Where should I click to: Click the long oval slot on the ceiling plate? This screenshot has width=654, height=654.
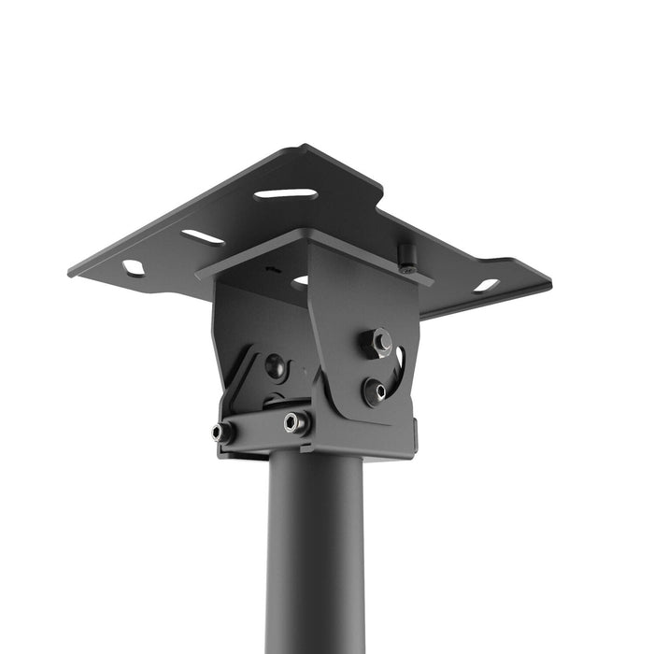pyautogui.click(x=285, y=194)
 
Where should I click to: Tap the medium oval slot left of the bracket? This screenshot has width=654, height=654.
pyautogui.click(x=203, y=237)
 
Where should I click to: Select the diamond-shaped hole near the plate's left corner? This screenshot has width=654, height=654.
pyautogui.click(x=134, y=268)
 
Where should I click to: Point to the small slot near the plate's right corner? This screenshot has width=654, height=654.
pyautogui.click(x=486, y=285)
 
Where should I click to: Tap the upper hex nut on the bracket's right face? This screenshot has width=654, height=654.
pyautogui.click(x=378, y=342)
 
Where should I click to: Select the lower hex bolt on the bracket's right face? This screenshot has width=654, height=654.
pyautogui.click(x=376, y=390)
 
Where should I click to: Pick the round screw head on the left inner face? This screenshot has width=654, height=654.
pyautogui.click(x=275, y=365)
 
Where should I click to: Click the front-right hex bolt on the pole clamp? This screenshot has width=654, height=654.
pyautogui.click(x=296, y=422)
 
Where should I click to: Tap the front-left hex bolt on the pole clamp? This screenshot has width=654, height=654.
pyautogui.click(x=223, y=433)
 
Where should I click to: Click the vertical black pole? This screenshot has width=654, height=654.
pyautogui.click(x=316, y=561)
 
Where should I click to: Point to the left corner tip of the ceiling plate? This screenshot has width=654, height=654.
pyautogui.click(x=70, y=274)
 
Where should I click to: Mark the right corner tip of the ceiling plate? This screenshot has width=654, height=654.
pyautogui.click(x=550, y=279)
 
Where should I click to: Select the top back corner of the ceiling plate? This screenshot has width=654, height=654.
pyautogui.click(x=305, y=146)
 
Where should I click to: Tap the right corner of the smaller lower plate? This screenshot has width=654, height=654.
pyautogui.click(x=432, y=281)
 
